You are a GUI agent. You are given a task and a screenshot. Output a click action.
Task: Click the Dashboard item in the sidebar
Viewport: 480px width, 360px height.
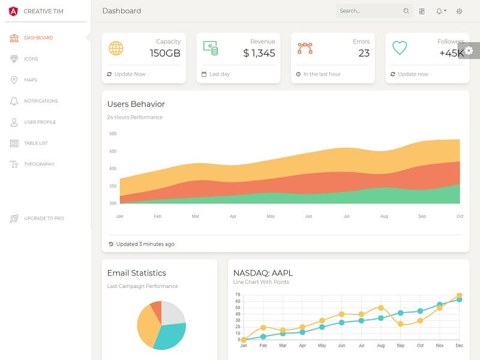[x=38, y=38]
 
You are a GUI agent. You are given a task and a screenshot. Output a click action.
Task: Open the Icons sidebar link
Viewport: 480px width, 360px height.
[x=31, y=59]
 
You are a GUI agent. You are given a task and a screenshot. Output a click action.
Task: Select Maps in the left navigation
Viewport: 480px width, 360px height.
[x=31, y=80]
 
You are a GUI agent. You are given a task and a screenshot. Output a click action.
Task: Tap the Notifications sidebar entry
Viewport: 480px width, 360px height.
[x=41, y=101]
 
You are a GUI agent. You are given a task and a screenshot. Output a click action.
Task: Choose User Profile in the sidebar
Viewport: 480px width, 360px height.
[x=40, y=122]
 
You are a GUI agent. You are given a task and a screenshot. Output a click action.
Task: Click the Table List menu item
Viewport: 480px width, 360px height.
[x=36, y=143]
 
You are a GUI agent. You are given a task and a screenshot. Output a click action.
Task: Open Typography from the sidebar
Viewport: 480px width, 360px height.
[x=39, y=164]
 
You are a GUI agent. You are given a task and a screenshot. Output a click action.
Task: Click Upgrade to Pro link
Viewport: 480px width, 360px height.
[x=44, y=218]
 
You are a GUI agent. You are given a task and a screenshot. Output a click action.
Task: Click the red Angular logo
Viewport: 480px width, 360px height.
[x=13, y=11]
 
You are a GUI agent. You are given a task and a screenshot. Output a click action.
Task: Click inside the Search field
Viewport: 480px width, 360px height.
[x=369, y=11]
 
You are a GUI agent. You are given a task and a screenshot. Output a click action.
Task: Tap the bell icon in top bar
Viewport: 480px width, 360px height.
[x=439, y=11]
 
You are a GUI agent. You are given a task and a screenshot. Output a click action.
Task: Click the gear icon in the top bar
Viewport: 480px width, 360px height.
[x=460, y=11]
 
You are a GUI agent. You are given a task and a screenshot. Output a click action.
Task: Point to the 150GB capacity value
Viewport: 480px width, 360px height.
[x=165, y=53]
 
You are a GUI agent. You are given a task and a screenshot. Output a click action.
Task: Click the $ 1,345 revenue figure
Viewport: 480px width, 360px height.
[x=259, y=53]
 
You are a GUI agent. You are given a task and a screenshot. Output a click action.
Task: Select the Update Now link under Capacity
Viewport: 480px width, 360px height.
[x=130, y=74]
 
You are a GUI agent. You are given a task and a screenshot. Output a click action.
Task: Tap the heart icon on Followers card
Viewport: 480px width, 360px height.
[x=400, y=48]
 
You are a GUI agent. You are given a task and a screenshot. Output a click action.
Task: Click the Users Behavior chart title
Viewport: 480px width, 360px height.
[x=136, y=104]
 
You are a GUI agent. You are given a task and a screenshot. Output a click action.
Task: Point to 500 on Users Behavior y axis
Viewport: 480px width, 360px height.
[x=113, y=134]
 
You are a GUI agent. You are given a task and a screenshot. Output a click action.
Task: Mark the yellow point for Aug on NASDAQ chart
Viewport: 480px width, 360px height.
[x=380, y=308]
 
